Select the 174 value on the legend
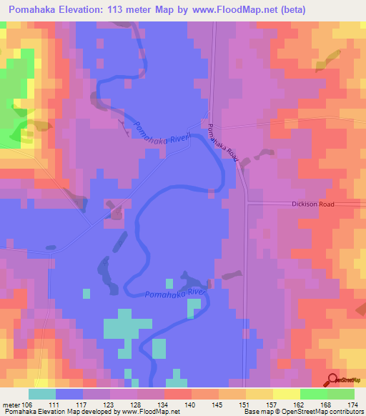click(x=352, y=404)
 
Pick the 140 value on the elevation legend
click(x=191, y=404)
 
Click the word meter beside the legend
click(x=11, y=404)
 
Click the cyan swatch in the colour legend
click(x=42, y=394)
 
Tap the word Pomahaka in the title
click(x=33, y=9)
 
